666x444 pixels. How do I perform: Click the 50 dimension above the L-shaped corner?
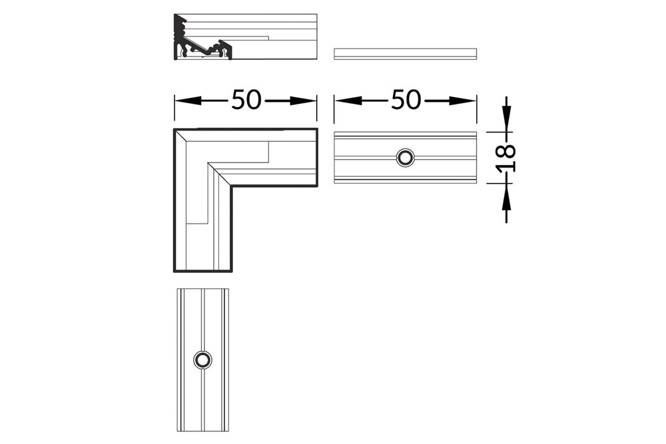point(245,101)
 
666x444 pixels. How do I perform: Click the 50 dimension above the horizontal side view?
point(406,101)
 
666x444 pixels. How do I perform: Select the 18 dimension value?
point(506,158)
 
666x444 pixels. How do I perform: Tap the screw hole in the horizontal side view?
point(405,158)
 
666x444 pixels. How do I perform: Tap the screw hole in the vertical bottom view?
point(202,359)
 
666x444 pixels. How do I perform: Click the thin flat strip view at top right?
point(405,53)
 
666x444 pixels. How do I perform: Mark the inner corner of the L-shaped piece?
point(232,186)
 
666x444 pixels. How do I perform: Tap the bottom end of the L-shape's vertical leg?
point(203,271)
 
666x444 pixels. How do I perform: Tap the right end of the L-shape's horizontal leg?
point(316,158)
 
